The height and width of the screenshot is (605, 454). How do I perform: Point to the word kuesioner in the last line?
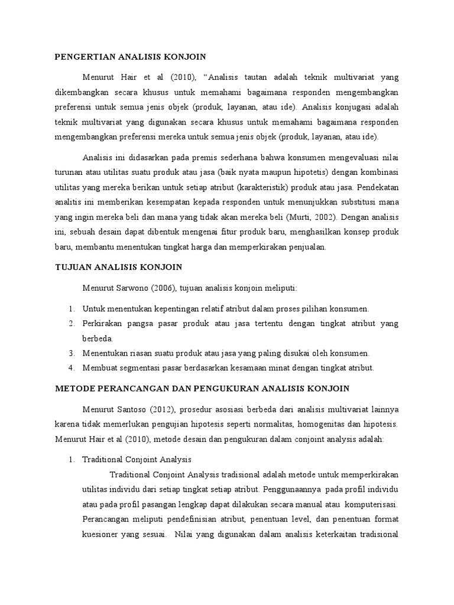coord(101,535)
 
